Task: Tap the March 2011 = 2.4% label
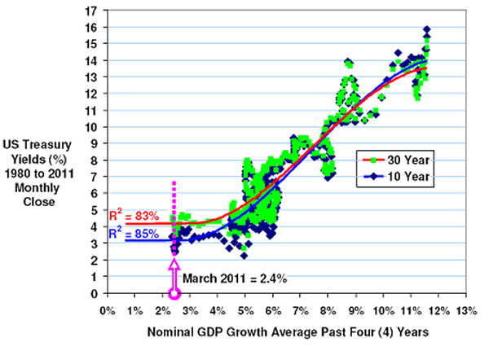(234, 278)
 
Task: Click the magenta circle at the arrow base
(174, 293)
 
